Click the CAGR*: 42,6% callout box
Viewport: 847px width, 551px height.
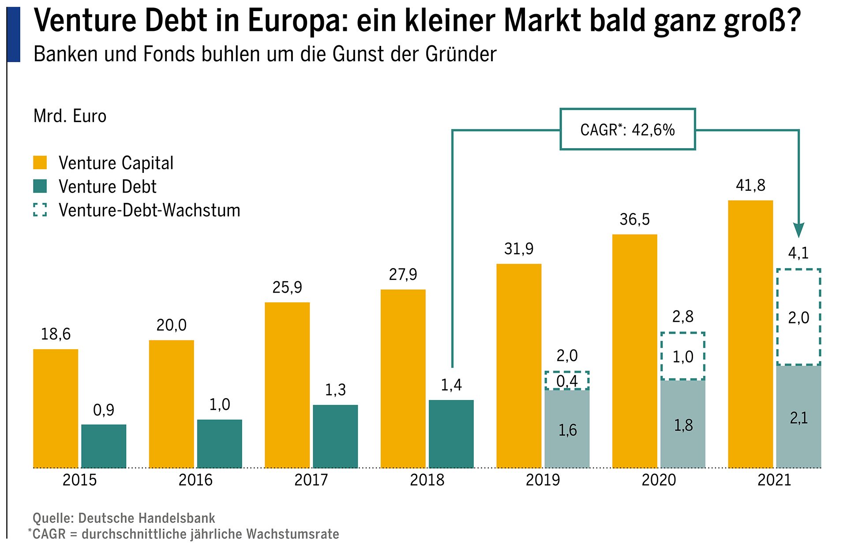pos(627,130)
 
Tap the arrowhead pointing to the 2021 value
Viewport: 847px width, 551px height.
pos(798,230)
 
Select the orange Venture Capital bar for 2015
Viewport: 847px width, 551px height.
pos(56,408)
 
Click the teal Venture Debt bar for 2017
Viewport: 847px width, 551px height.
pos(335,436)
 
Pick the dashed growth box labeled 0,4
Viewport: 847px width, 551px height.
pos(567,381)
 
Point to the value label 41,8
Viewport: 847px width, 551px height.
pos(750,186)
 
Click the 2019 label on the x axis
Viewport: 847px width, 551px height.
pos(543,480)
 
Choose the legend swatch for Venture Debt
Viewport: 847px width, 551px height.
pos(40,186)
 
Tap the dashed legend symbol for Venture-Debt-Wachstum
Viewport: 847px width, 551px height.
pos(40,210)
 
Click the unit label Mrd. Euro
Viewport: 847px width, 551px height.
pos(70,116)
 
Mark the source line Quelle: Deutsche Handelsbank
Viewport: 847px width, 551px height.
pos(124,518)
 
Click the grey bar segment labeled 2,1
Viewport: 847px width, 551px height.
pos(798,417)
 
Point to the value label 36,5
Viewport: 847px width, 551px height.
pos(634,220)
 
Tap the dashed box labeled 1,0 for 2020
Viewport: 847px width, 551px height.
pos(682,356)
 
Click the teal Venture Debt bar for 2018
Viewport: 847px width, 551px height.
pos(451,434)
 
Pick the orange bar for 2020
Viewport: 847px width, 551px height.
pos(634,351)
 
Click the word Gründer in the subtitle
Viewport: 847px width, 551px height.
pos(461,54)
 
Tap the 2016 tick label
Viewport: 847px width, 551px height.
pos(195,480)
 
